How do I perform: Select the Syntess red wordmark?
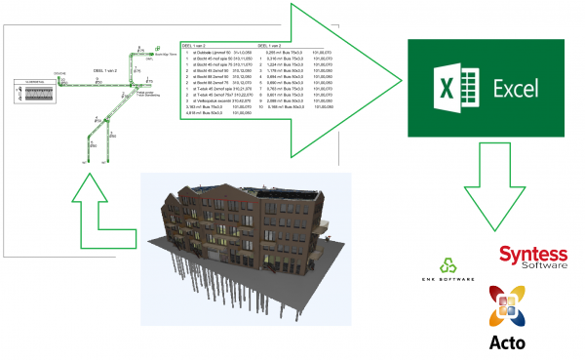[533, 256]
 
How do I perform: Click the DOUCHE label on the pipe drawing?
[58, 71]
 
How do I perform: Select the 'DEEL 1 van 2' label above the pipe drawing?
[104, 71]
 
